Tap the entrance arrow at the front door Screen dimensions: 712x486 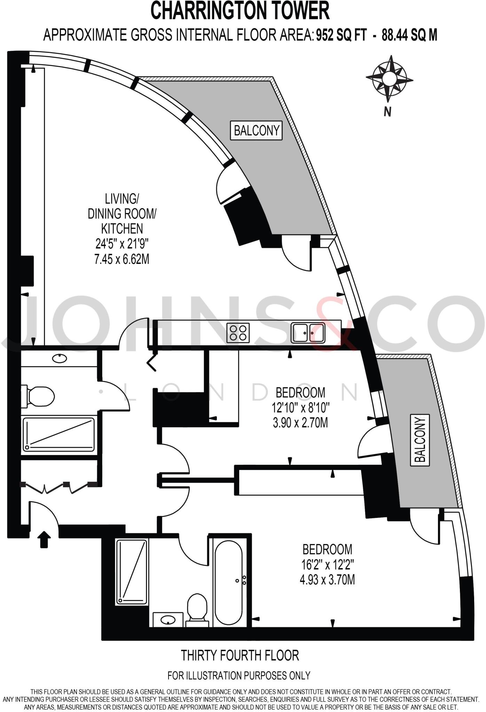[44, 539]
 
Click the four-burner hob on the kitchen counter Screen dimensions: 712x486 [238, 332]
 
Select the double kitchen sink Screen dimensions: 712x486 [308, 332]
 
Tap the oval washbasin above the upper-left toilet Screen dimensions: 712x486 [60, 358]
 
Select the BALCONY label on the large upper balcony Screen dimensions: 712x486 [256, 131]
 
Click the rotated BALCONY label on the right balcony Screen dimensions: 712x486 [420, 440]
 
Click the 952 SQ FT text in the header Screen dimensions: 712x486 [341, 35]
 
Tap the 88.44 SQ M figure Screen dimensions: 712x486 [409, 35]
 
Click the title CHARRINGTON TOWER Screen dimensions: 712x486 [240, 11]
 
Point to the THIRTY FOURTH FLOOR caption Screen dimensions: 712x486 [240, 655]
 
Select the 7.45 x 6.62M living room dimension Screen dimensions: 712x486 [122, 259]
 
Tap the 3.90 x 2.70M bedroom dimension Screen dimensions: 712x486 [300, 423]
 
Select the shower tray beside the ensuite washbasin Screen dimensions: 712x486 [132, 572]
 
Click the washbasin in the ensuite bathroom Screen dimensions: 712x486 [168, 620]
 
